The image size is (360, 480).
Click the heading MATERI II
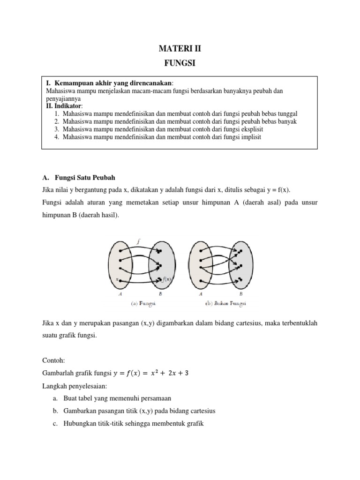[x=180, y=48]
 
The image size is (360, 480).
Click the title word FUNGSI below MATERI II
[x=180, y=64]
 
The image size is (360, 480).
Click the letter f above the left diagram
[x=138, y=242]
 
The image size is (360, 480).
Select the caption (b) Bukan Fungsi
[x=225, y=303]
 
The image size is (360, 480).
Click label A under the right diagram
[x=201, y=294]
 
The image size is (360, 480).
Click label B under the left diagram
[x=160, y=294]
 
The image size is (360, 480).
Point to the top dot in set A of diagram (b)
[x=201, y=251]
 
